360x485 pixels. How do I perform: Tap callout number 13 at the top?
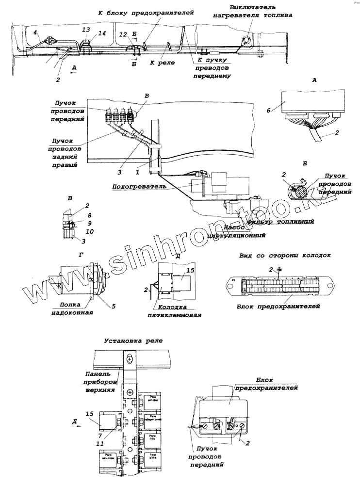tap(86, 30)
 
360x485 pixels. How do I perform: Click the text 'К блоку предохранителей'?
tap(146, 13)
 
